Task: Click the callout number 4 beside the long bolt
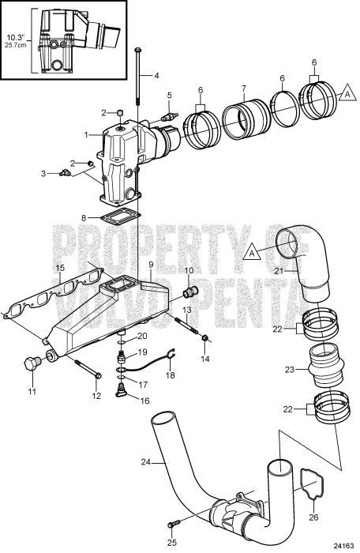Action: pos(156,76)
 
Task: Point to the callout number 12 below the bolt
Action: pos(97,394)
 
